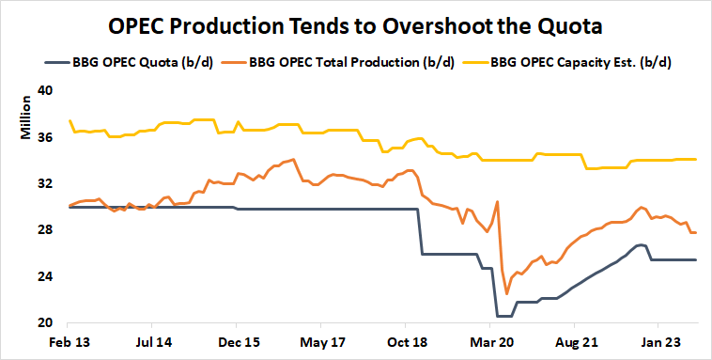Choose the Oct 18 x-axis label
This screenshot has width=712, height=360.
click(406, 343)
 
